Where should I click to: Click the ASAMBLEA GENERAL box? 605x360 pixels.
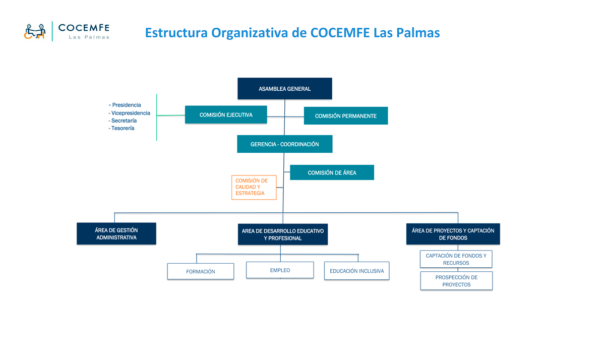tap(284, 89)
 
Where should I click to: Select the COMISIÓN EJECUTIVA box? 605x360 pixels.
tap(226, 115)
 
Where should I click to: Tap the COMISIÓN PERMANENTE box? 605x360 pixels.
tap(346, 116)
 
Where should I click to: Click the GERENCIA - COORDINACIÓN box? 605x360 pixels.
tap(284, 144)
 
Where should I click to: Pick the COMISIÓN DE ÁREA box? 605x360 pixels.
tap(332, 172)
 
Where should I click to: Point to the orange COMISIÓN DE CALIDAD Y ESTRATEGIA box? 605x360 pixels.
tap(254, 188)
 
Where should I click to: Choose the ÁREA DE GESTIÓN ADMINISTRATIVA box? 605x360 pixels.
tap(116, 234)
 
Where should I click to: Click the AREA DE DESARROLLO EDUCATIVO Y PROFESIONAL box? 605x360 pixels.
tap(283, 234)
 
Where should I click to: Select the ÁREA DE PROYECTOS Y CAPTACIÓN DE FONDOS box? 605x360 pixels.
tap(453, 234)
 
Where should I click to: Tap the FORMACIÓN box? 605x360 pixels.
tap(201, 271)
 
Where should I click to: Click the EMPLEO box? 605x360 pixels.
tap(280, 270)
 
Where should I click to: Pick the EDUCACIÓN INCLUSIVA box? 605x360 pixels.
tap(356, 271)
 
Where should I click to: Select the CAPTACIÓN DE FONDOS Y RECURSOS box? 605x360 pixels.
tap(456, 259)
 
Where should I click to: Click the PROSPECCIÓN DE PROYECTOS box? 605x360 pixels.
tap(456, 281)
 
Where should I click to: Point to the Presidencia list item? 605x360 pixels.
tap(126, 105)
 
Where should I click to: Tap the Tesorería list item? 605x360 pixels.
tap(123, 129)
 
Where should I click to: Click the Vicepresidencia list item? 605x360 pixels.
tap(130, 113)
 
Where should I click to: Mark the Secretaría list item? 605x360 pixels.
tap(124, 121)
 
